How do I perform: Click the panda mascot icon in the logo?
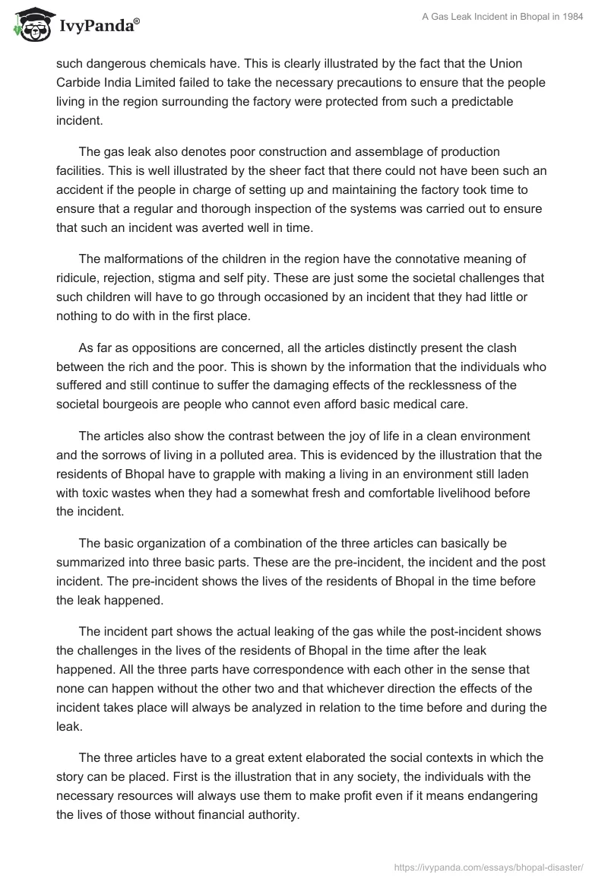tap(30, 25)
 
